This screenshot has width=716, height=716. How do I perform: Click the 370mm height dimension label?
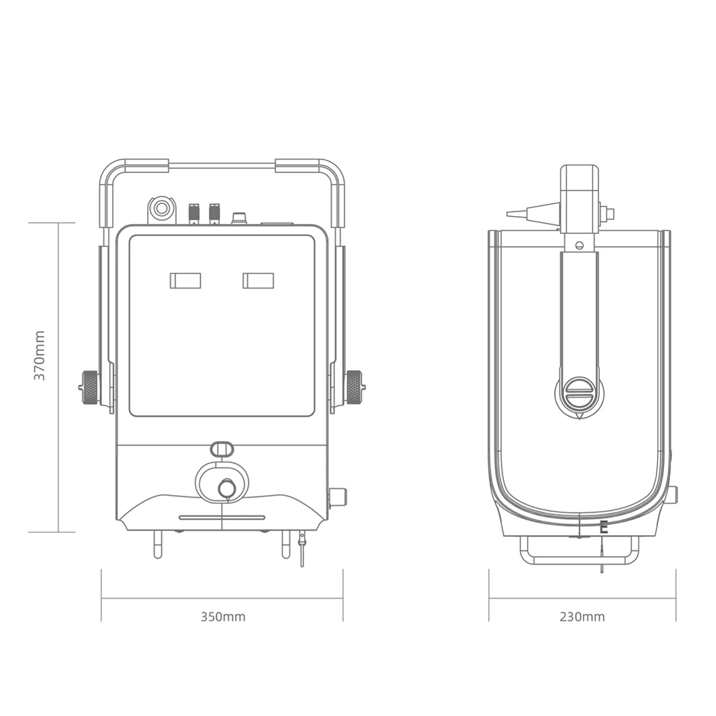point(40,355)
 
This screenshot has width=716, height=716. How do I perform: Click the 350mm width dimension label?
point(223,617)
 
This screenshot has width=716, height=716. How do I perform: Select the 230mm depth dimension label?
point(582,617)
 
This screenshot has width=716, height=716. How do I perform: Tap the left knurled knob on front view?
point(90,388)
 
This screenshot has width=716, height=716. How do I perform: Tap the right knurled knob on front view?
point(354,388)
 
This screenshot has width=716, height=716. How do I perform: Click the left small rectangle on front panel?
point(185,280)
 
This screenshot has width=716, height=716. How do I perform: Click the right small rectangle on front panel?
point(258,280)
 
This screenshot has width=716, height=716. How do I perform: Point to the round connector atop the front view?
point(161,208)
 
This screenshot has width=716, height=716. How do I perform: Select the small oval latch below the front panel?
point(222,449)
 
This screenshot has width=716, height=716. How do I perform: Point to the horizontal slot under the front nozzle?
point(222,517)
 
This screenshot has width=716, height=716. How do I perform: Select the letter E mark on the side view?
point(604,528)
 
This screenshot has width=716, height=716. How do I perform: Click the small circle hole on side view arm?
point(579,245)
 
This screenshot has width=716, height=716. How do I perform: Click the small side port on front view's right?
point(338,497)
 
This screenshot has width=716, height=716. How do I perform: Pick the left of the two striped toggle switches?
point(194,213)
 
